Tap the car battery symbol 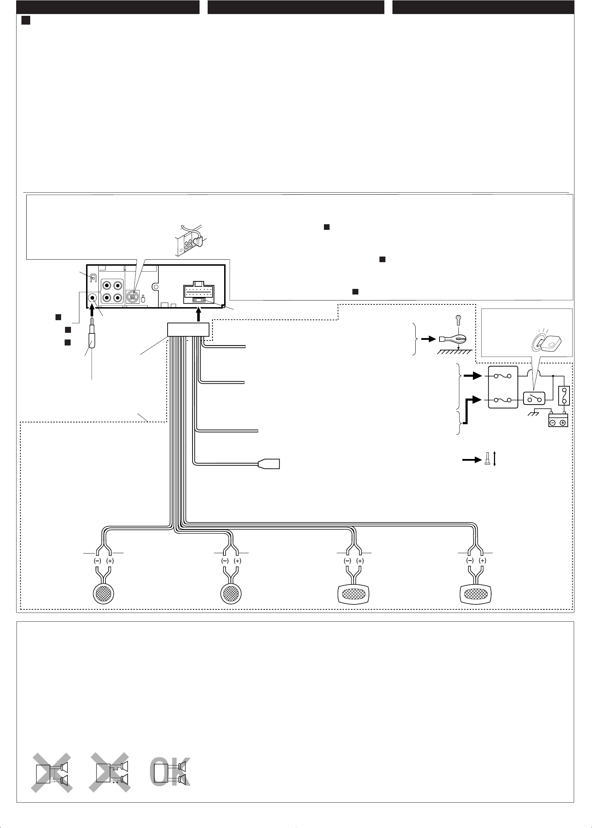pyautogui.click(x=558, y=420)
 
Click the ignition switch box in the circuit pyautogui.click(x=534, y=399)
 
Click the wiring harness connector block pyautogui.click(x=188, y=330)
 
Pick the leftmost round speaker pyautogui.click(x=104, y=593)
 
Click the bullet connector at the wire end pyautogui.click(x=269, y=464)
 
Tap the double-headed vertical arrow pyautogui.click(x=494, y=459)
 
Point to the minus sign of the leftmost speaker pyautogui.click(x=97, y=561)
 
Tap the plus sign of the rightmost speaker pyautogui.click(x=482, y=561)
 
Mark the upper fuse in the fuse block pyautogui.click(x=503, y=376)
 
